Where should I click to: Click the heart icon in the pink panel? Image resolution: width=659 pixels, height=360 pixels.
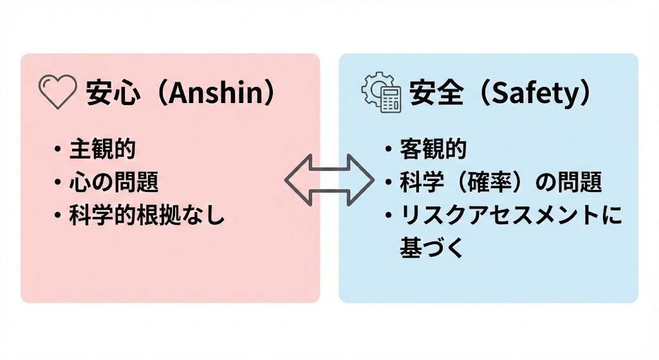pyautogui.click(x=58, y=93)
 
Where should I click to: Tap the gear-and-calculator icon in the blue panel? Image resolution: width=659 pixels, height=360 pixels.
pyautogui.click(x=380, y=93)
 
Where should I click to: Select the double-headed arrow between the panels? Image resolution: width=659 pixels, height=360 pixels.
pyautogui.click(x=329, y=179)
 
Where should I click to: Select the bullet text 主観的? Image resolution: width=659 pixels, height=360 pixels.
pyautogui.click(x=103, y=149)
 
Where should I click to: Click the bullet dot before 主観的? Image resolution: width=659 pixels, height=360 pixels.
pyautogui.click(x=59, y=150)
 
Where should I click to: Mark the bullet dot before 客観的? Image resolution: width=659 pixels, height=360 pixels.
pyautogui.click(x=389, y=150)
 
